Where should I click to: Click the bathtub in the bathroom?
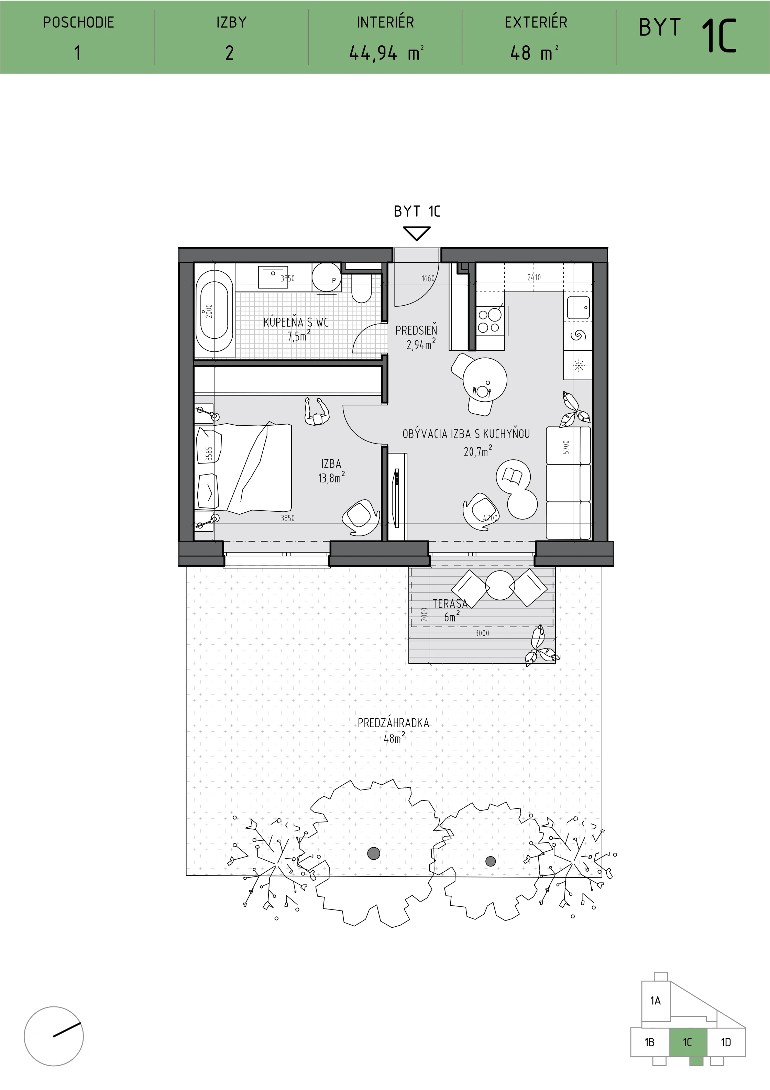[214, 311]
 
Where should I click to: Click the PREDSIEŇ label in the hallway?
[416, 330]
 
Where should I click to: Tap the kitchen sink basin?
[578, 308]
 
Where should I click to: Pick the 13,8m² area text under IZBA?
[331, 478]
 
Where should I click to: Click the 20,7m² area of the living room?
[477, 451]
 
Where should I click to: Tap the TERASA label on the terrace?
[450, 603]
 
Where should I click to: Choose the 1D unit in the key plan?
[726, 1042]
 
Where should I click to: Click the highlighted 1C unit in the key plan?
[688, 1043]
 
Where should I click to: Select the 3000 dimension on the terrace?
[482, 633]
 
